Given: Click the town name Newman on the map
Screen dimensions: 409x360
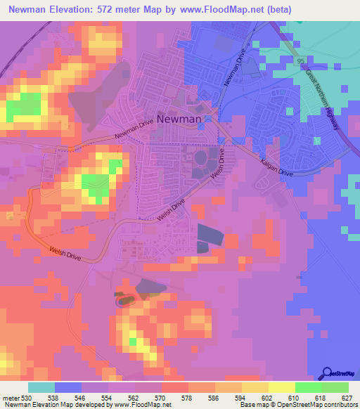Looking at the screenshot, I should [x=179, y=119].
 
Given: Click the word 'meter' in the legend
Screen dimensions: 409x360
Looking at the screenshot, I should [x=10, y=397].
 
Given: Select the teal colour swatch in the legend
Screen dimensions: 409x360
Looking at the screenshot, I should [x=41, y=387].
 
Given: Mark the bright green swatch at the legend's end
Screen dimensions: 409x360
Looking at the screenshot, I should [x=335, y=387].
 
